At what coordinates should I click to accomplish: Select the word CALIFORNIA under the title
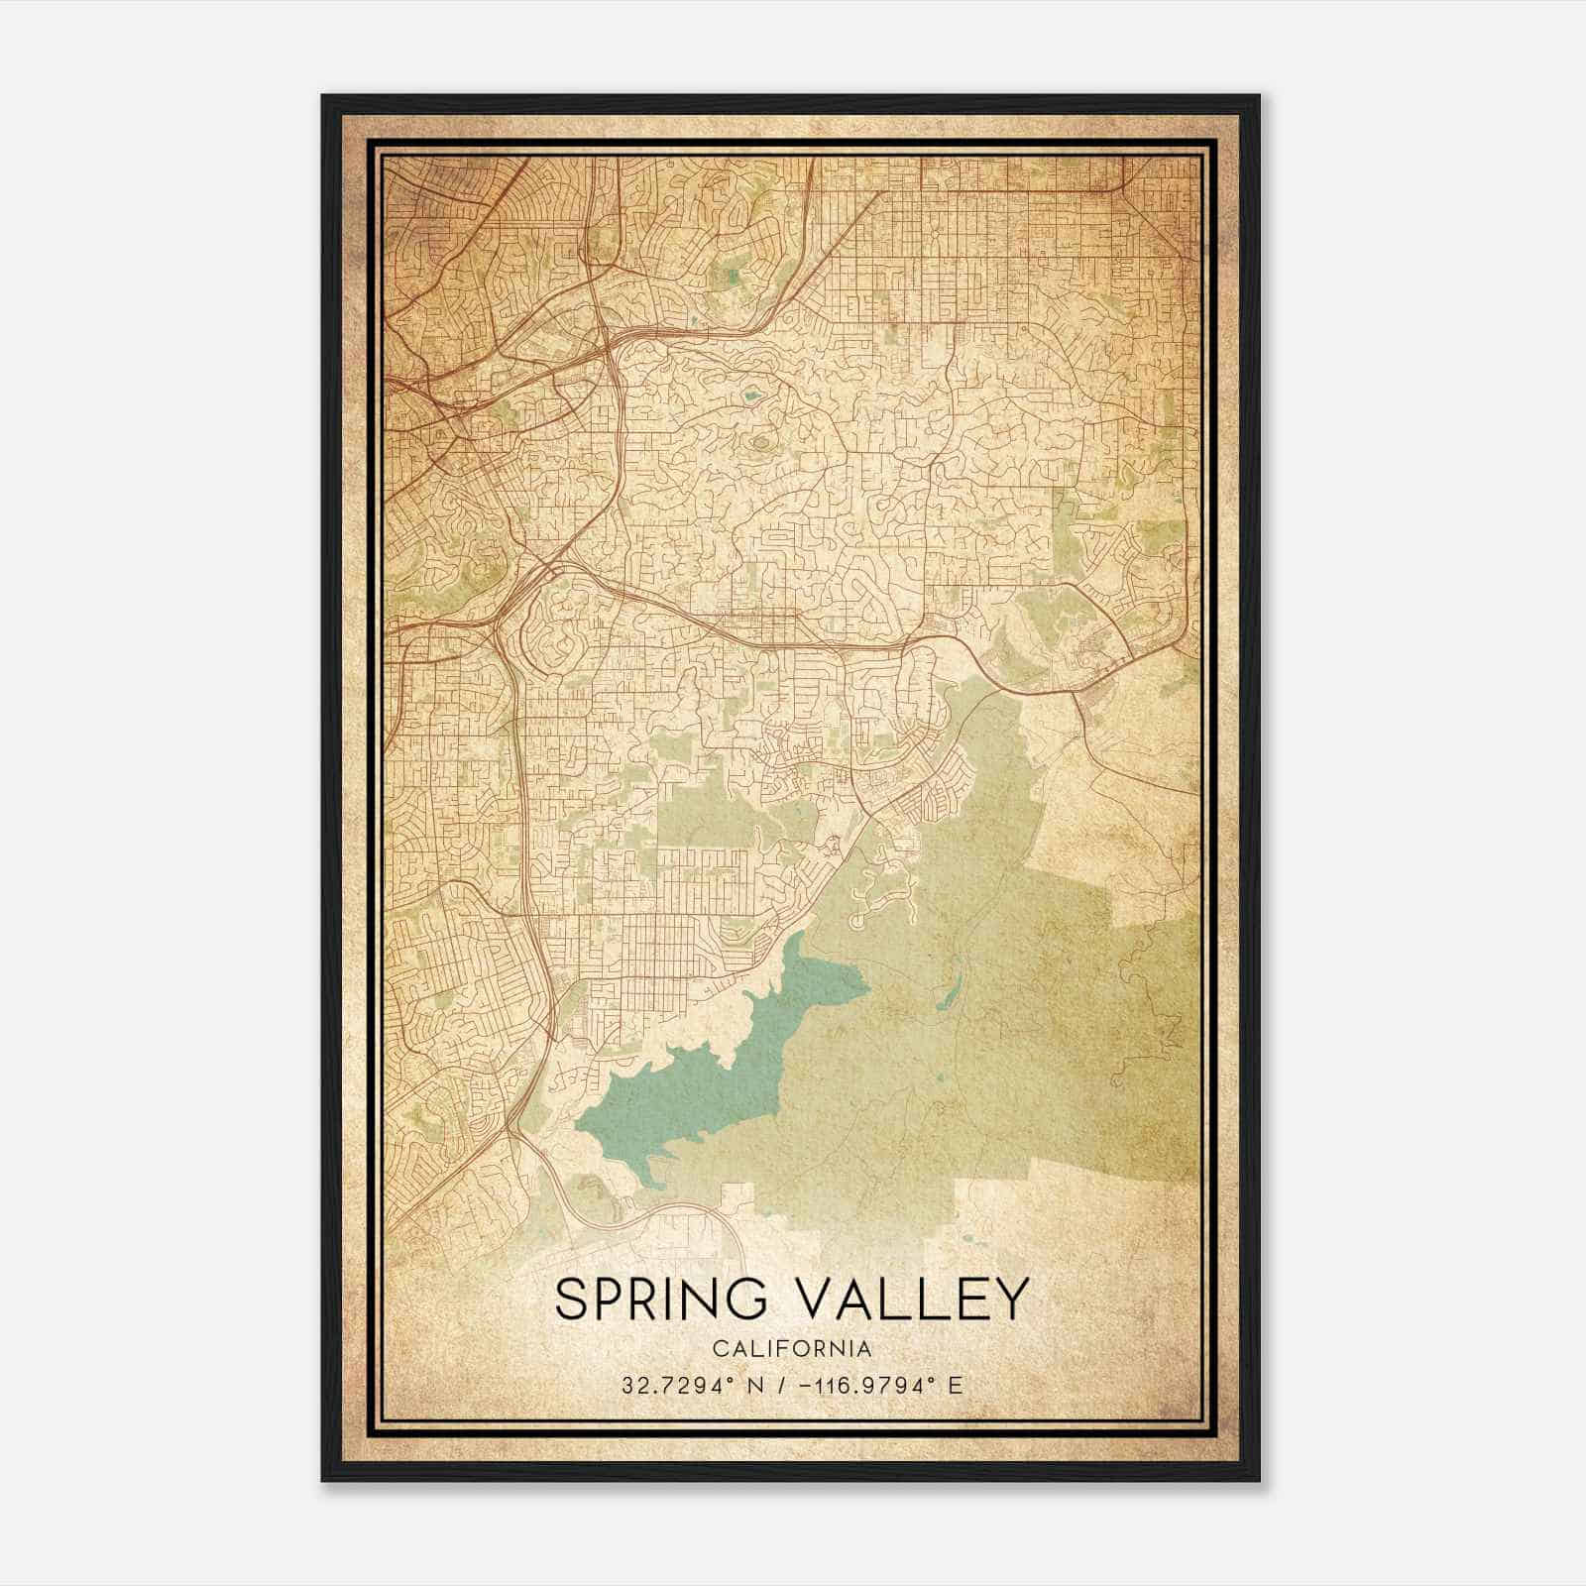(x=792, y=1349)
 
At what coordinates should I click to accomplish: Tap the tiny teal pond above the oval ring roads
(x=749, y=398)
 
